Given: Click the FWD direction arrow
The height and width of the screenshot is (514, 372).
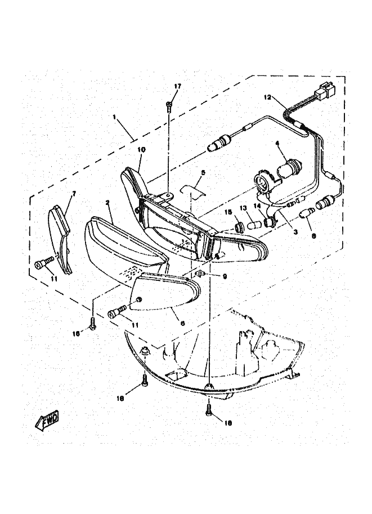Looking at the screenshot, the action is tap(47, 420).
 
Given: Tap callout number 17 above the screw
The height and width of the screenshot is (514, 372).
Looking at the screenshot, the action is tap(178, 86).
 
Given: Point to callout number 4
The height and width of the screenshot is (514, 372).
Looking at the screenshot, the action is tap(277, 145).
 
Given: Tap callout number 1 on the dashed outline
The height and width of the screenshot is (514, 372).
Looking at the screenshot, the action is tap(114, 117).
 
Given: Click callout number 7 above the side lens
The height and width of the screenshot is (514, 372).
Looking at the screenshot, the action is tap(73, 194).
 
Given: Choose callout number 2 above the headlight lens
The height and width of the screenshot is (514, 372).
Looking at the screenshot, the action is tap(106, 201).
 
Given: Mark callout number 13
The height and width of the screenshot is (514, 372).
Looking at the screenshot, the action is tap(244, 208).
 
